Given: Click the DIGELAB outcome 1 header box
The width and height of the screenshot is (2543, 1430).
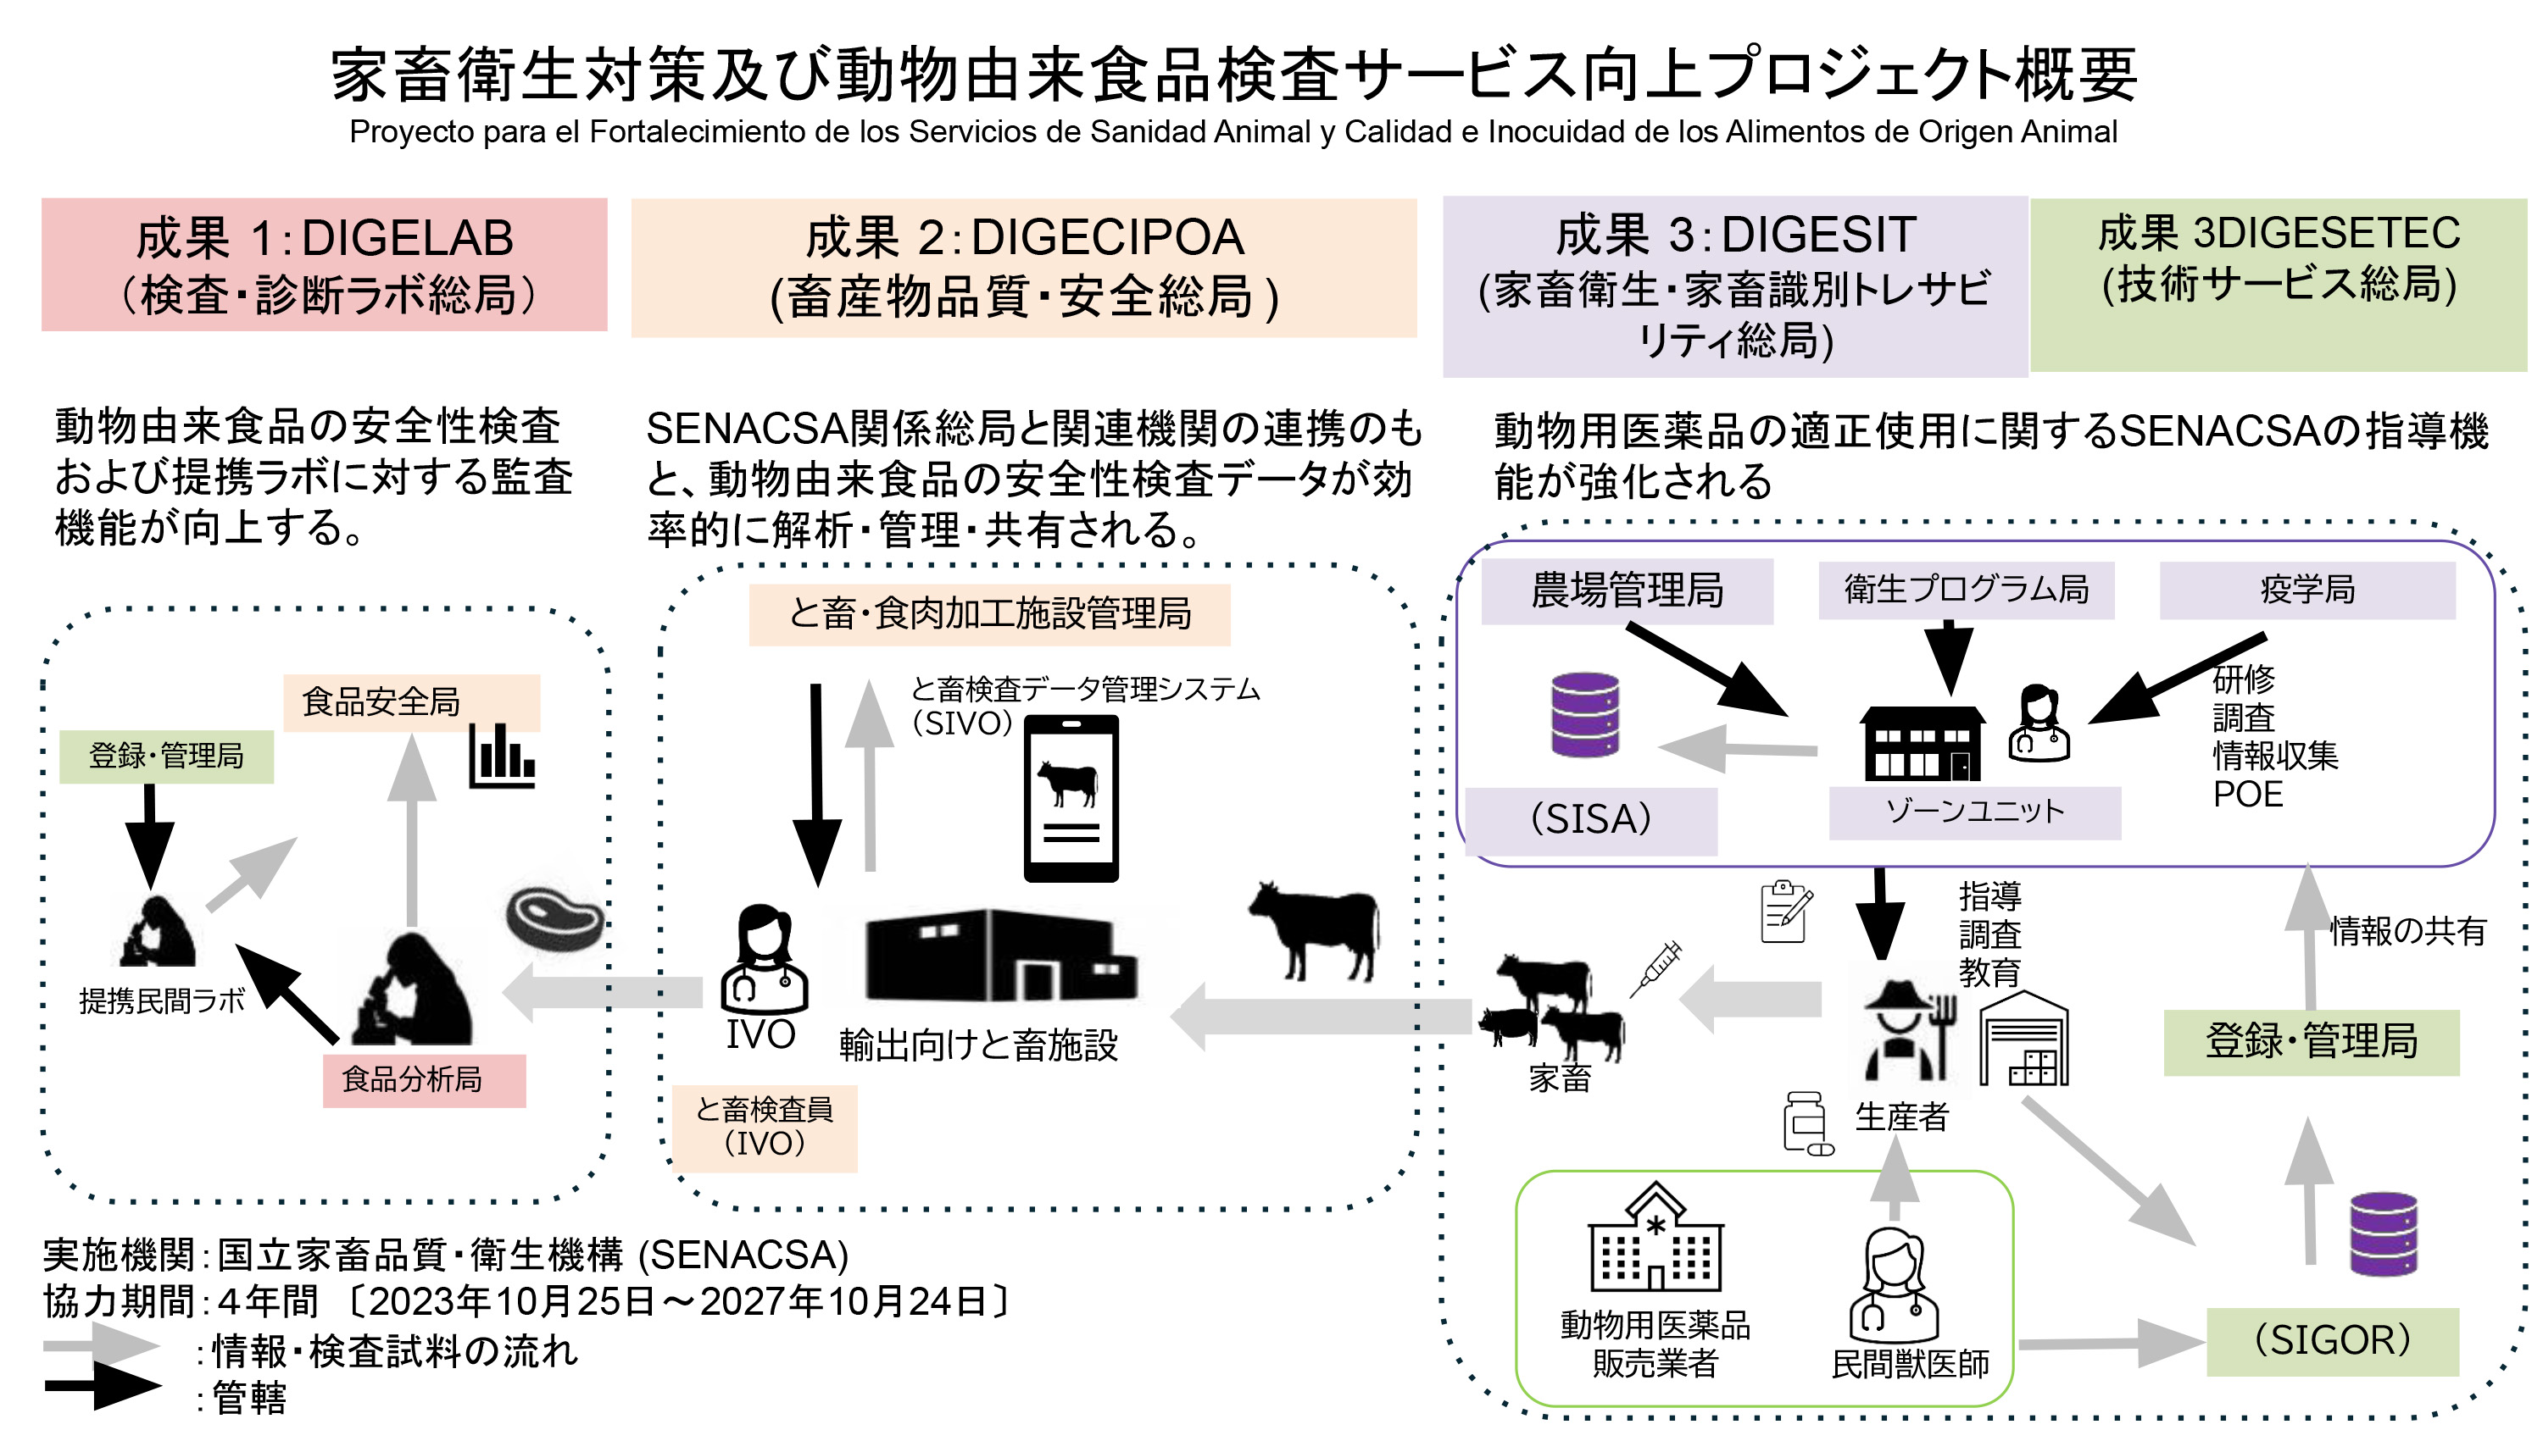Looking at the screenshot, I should [324, 264].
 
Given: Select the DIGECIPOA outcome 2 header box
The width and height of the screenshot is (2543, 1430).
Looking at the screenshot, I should [1024, 268].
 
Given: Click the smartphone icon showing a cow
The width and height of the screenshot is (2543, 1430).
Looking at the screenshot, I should [1071, 797].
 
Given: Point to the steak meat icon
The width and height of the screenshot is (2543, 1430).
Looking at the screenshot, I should [554, 917].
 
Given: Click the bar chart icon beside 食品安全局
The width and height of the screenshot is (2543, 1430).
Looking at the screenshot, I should [502, 756].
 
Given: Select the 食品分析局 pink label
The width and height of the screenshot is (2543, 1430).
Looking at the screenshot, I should [424, 1079].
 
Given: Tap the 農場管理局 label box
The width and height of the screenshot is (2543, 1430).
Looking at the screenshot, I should [1627, 591].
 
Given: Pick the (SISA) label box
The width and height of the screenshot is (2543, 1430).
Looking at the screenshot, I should [1590, 819].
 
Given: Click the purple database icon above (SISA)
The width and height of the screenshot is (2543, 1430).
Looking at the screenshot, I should [1584, 714].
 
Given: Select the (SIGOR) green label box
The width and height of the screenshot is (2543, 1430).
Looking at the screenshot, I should [2332, 1340].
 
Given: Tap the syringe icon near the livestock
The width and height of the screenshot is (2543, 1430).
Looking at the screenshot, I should [1655, 968].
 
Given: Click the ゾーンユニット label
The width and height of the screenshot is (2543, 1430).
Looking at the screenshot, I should [1974, 812].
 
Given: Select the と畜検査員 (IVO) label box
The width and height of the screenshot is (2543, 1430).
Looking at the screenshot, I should [764, 1127].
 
